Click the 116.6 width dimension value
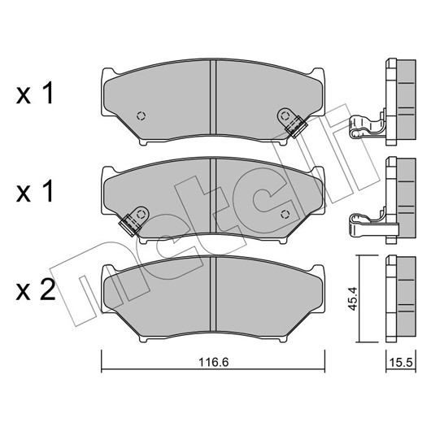(x=214, y=362)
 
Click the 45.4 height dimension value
(x=353, y=298)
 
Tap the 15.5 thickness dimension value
(x=401, y=363)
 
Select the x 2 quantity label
(x=36, y=290)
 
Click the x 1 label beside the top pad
(x=35, y=94)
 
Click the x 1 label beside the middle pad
(x=35, y=193)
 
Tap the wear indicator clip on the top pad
(x=292, y=122)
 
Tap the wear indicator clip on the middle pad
(x=134, y=221)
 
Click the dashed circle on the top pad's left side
(x=141, y=116)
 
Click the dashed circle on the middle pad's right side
(x=285, y=214)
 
